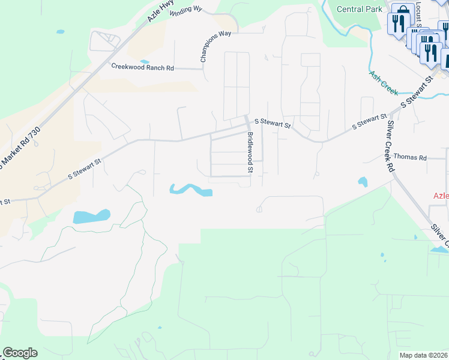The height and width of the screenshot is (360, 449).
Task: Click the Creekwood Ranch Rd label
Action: coord(142,67)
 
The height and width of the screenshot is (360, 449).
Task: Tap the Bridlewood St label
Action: coord(250,153)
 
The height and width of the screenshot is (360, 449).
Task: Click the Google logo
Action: coord(19,353)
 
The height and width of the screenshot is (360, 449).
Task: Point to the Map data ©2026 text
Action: coord(424,355)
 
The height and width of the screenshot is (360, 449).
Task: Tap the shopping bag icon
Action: coord(402,11)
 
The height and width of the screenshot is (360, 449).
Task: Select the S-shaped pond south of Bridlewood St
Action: coord(191,190)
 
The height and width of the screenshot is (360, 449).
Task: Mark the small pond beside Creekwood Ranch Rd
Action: coord(145,61)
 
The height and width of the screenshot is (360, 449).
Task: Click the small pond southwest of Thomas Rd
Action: coord(363,181)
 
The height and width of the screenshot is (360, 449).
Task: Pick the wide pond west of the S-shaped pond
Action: coord(91,216)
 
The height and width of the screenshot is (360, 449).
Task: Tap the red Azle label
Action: coord(441,196)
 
